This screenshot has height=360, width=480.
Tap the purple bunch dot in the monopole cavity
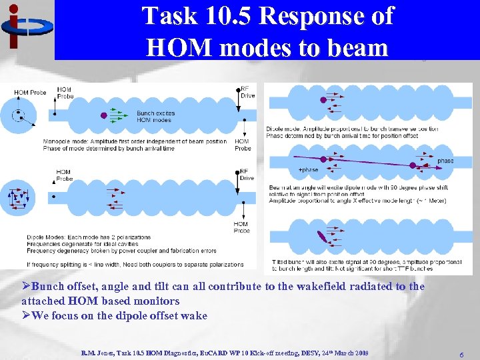point(103,115)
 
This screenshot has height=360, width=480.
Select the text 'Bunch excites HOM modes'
point(155,116)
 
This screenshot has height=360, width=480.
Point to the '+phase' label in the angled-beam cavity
point(309,170)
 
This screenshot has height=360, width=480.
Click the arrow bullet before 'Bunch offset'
point(26,287)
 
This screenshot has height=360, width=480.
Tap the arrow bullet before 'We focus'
point(26,315)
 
